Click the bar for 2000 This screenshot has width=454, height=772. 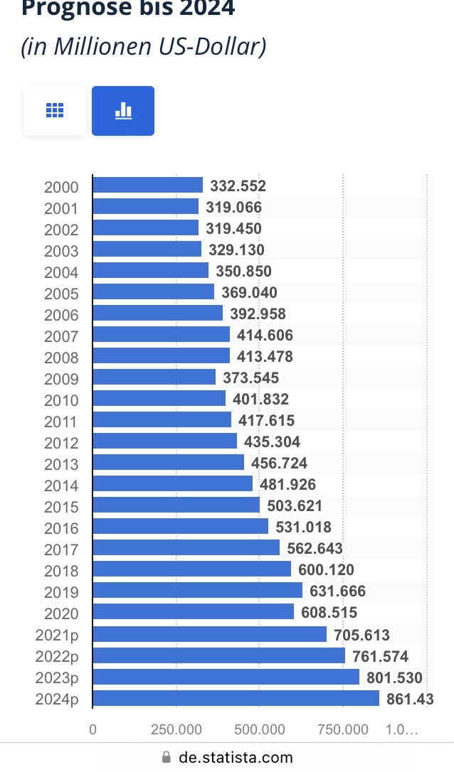(148, 186)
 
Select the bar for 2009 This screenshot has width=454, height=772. (154, 377)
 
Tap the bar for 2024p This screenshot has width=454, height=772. (236, 699)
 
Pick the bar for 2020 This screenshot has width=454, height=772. (194, 612)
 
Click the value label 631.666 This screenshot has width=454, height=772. (338, 591)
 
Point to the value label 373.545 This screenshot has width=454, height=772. (251, 378)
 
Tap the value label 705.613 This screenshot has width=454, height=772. (361, 636)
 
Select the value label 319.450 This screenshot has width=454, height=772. (233, 229)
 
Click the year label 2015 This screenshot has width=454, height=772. (61, 508)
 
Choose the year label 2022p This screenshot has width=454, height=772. (57, 657)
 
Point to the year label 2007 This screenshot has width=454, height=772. (61, 337)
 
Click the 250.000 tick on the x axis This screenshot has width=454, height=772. (176, 729)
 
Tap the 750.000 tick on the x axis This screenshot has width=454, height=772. (343, 729)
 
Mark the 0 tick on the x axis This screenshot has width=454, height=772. (93, 729)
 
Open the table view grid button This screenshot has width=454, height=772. (55, 110)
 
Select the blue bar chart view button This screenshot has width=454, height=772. (123, 110)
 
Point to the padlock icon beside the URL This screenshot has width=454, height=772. (167, 758)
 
